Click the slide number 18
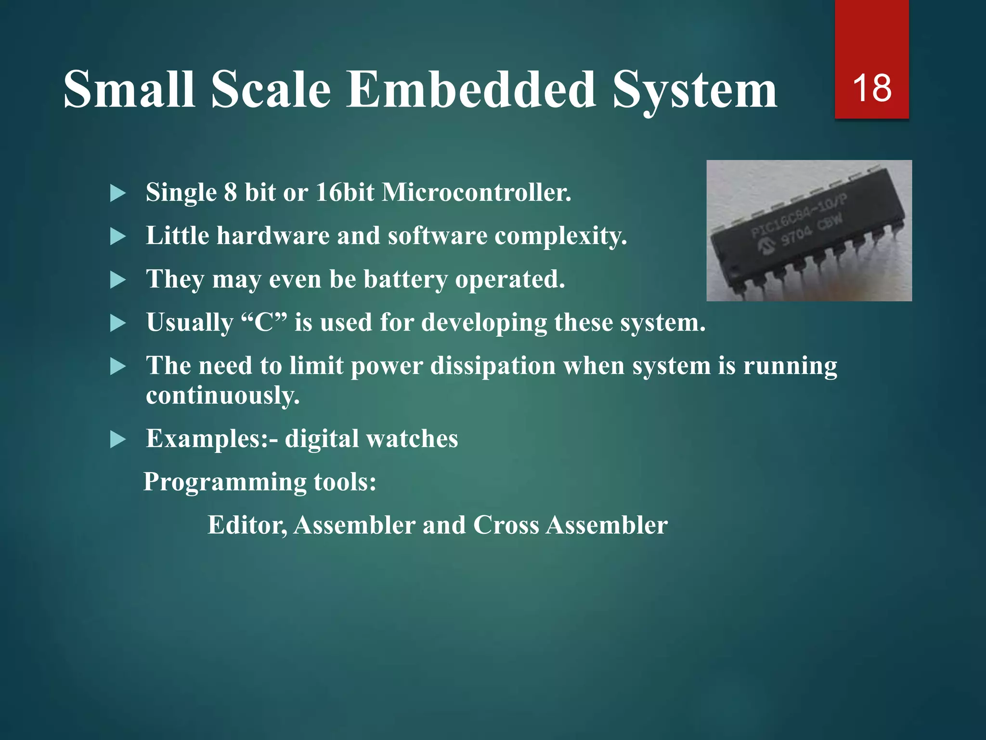(x=871, y=88)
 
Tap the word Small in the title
(x=129, y=90)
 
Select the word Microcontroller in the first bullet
(x=476, y=192)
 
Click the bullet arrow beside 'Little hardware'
(x=117, y=237)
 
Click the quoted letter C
(x=264, y=322)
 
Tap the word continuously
(x=222, y=396)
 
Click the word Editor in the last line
(x=247, y=525)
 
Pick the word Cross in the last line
(x=506, y=525)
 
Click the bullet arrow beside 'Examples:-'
(x=117, y=439)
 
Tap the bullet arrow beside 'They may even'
(x=117, y=280)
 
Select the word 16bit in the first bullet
(x=345, y=192)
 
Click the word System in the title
(x=695, y=90)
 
